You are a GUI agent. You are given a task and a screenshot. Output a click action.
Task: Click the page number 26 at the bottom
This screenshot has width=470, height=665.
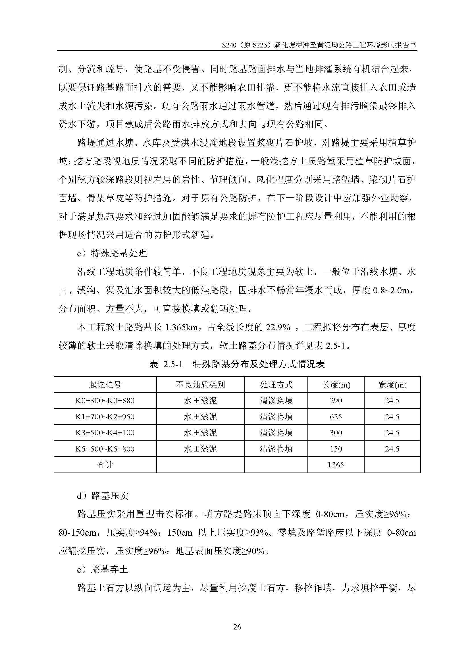pos(237,627)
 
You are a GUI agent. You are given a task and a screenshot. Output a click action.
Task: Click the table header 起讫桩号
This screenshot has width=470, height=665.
pos(105,385)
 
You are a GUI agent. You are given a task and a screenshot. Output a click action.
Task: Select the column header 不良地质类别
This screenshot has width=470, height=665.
pos(200,385)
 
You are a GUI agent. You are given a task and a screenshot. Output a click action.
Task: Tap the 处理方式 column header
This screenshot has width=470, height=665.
pos(276,385)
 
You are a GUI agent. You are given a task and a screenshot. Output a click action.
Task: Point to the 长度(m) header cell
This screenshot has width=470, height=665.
pos(336,385)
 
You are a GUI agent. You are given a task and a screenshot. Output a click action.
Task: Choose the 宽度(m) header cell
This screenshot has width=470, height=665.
pos(392,385)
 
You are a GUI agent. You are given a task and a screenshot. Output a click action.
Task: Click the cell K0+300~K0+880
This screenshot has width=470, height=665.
pos(105,401)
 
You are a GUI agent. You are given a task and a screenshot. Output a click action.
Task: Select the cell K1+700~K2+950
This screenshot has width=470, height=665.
pos(105,417)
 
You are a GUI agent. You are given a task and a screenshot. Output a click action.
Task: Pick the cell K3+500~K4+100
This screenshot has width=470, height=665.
pos(105,433)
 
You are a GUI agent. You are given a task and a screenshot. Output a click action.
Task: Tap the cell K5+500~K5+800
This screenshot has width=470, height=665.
pos(105,449)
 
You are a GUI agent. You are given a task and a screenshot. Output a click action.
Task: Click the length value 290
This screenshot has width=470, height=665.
pos(336,401)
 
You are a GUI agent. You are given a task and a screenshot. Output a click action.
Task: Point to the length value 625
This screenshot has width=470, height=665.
pos(336,417)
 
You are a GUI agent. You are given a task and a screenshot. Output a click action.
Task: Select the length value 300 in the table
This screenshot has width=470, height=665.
pos(336,433)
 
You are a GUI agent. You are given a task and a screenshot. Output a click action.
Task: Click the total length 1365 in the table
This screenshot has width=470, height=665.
pos(336,465)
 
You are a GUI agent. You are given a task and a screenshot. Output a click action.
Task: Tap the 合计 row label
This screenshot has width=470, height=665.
pos(105,465)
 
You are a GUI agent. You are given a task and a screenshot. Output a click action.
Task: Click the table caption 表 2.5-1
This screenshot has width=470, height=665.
pos(166,364)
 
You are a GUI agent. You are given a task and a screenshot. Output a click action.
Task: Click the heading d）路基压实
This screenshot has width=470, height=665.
pos(103,496)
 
